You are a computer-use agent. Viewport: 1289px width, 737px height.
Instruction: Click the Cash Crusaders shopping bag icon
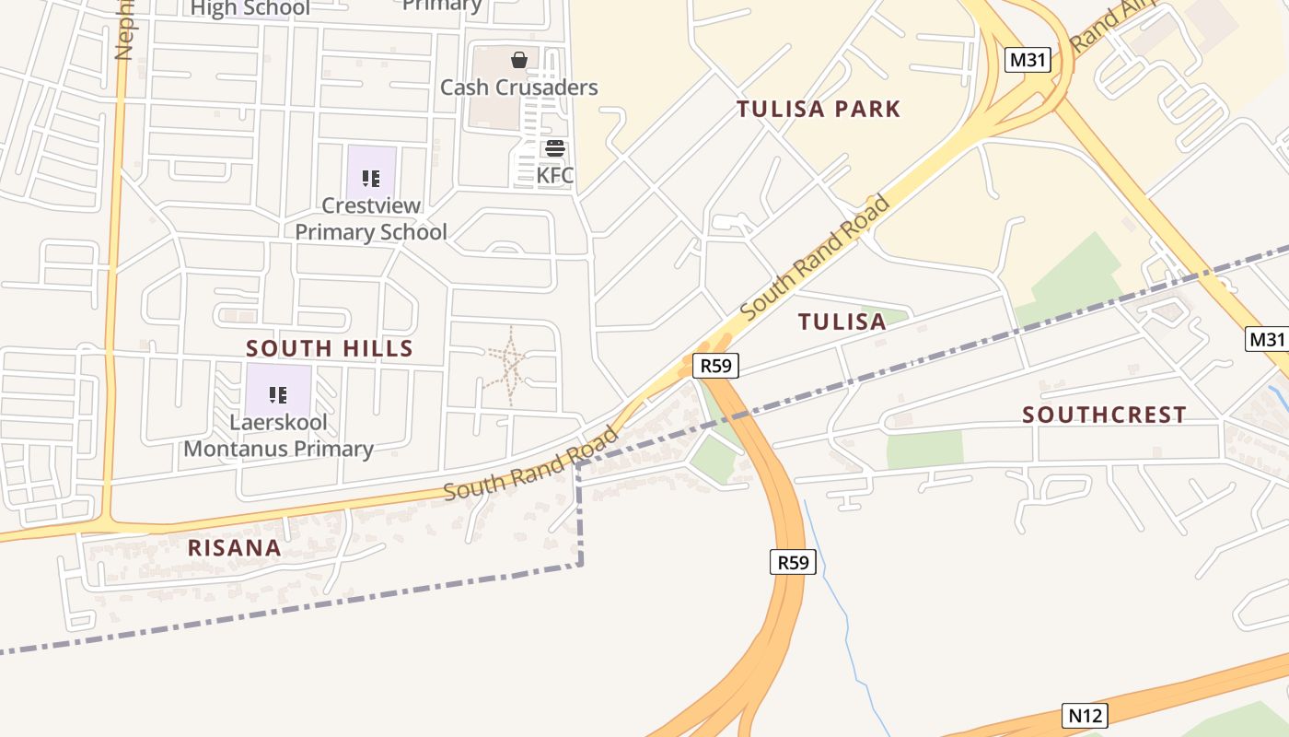point(519,60)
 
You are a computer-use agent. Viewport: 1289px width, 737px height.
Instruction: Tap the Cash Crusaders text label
point(519,88)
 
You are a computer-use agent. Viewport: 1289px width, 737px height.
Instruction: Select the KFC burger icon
point(555,148)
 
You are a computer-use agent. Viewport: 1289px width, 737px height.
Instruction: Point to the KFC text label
point(555,175)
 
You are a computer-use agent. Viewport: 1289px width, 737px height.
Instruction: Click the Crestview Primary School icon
point(371,178)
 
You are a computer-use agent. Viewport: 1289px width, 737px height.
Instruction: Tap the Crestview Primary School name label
point(371,219)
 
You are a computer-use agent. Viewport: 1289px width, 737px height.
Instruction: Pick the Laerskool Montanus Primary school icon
point(278,395)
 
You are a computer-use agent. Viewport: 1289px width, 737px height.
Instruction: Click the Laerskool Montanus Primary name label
point(279,437)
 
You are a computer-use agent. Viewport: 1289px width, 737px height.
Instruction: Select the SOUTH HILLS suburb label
point(330,348)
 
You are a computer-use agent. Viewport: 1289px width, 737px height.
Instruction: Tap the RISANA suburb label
point(234,548)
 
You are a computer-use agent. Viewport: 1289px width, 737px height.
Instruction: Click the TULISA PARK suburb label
point(819,110)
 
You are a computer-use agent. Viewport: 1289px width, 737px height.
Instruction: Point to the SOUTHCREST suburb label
point(1104,415)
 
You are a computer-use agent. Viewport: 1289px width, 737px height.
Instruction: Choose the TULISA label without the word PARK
point(842,322)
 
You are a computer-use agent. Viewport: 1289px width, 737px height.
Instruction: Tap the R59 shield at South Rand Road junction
point(715,366)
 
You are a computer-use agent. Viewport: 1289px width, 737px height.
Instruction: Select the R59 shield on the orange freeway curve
point(793,562)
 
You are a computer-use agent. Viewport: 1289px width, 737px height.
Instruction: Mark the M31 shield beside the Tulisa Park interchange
point(1028,61)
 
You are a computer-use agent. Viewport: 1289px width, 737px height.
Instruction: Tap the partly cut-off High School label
point(250,8)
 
